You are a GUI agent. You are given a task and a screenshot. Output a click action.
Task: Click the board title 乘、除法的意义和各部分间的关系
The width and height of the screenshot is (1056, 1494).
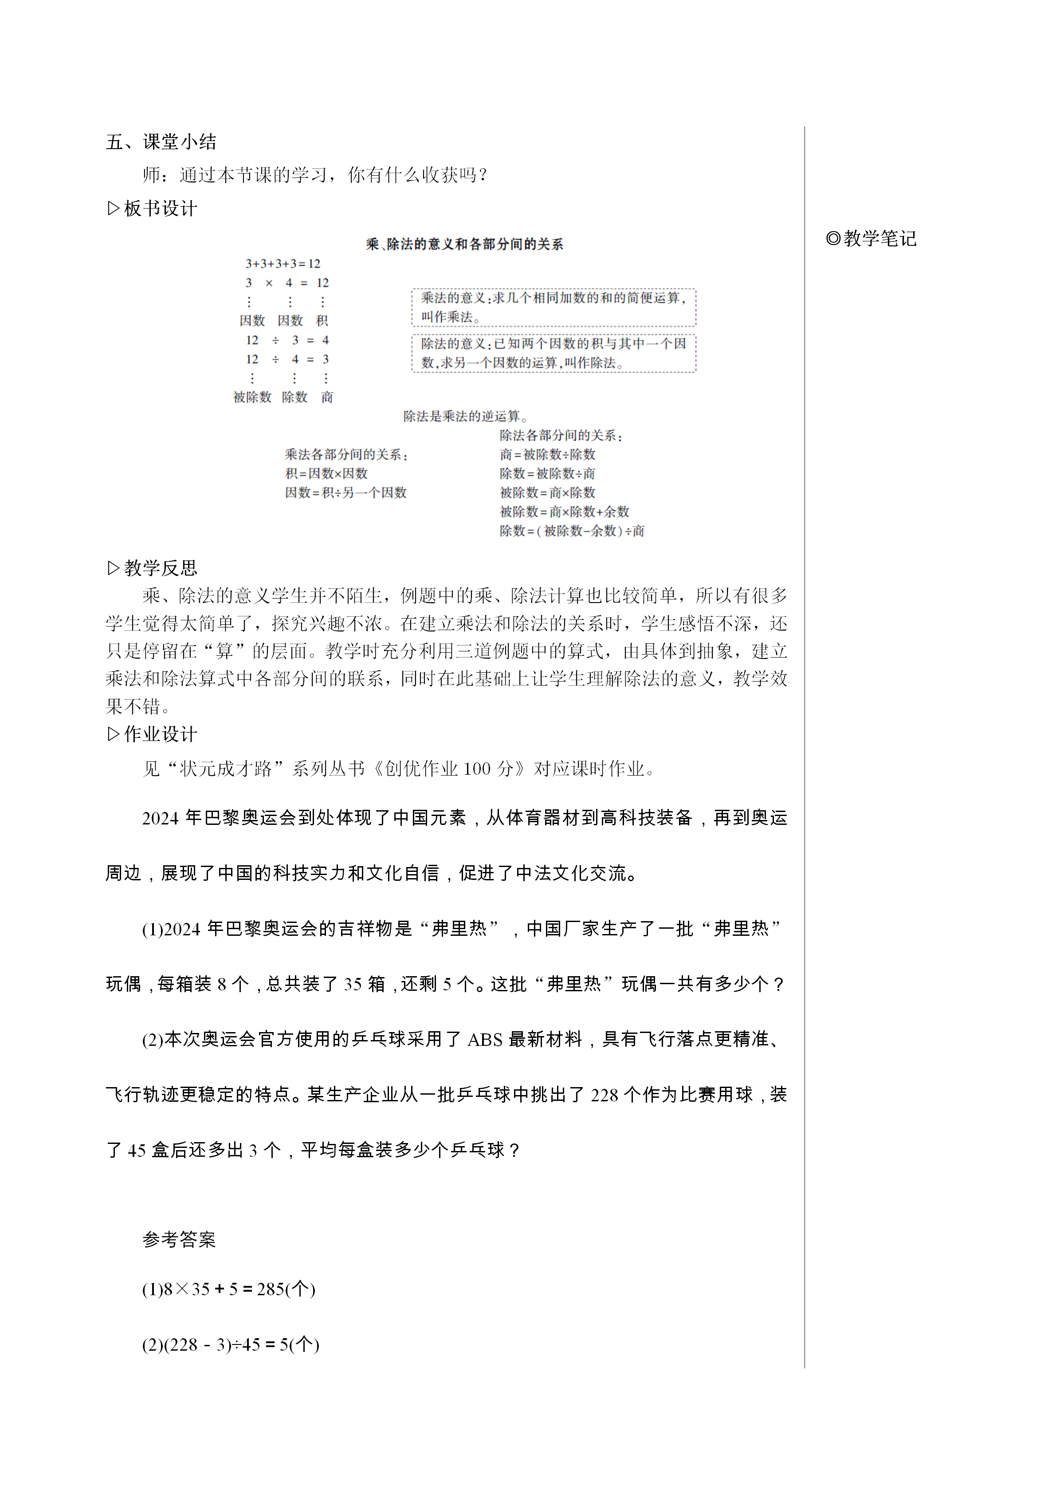click(x=464, y=244)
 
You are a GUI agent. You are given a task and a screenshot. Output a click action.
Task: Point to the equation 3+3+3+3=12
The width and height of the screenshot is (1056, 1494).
click(x=283, y=264)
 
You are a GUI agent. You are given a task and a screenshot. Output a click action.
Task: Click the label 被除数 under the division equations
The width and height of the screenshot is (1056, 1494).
click(x=252, y=397)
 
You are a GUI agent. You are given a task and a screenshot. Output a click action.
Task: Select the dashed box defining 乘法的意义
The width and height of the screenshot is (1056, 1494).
click(x=554, y=307)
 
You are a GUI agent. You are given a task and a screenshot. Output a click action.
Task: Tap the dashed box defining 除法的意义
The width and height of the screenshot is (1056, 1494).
click(x=554, y=353)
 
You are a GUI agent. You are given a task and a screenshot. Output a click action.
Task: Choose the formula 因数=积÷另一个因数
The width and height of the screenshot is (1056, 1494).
click(x=345, y=493)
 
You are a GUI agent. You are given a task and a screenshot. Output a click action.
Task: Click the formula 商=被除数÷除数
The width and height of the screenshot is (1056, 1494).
click(x=547, y=454)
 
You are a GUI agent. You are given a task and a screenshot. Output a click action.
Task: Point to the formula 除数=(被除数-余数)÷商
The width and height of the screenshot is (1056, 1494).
click(x=572, y=531)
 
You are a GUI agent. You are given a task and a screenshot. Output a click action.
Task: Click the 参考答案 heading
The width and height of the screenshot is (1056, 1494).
click(x=179, y=1240)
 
